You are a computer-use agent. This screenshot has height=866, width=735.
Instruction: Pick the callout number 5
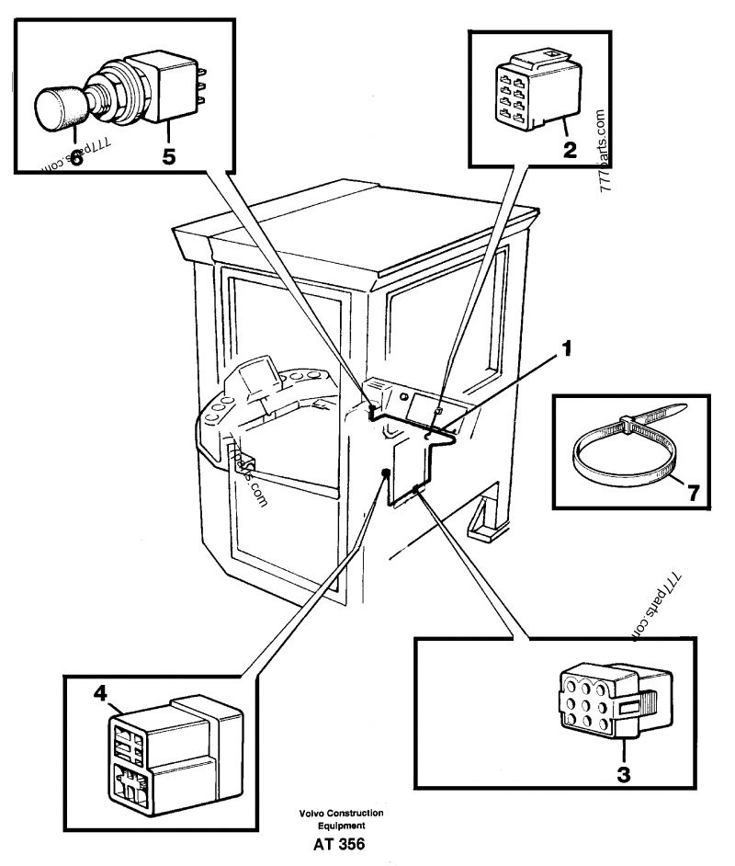click(169, 155)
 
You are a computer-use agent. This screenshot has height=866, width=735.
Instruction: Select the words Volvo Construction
click(341, 815)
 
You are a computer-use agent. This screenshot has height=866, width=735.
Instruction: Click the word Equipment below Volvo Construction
click(341, 826)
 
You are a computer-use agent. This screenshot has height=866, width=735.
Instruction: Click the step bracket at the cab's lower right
click(487, 520)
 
